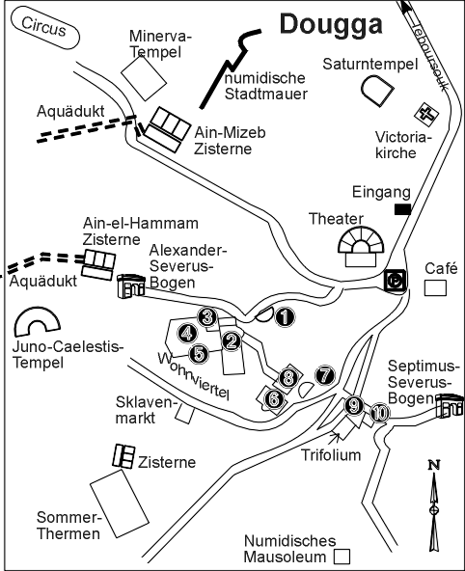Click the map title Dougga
coord(331,25)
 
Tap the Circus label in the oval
coord(44,27)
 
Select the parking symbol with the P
coord(396,281)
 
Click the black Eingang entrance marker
coord(402,209)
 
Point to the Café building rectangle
coord(435,288)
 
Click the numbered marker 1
coord(285,317)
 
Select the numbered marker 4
coord(187,333)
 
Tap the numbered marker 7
coord(325,375)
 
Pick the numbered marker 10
coord(380,414)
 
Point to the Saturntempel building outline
coord(377,91)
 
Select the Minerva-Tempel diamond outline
coord(144,77)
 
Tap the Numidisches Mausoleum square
coord(342,557)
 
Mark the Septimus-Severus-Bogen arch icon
coord(450,405)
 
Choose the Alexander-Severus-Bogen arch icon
coord(131,286)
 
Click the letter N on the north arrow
coord(434,465)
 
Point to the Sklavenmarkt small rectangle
coord(184,414)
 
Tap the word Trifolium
coord(331,455)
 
